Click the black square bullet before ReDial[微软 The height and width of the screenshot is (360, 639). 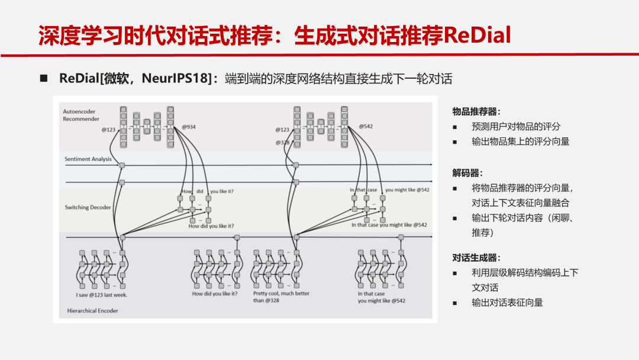pos(43,78)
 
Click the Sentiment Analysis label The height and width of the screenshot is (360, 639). pos(88,159)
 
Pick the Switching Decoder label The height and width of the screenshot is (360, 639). pos(88,207)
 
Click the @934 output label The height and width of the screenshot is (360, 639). pos(189,127)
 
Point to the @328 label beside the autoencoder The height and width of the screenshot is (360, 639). pos(282,143)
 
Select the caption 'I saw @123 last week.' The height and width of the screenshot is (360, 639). pos(101,294)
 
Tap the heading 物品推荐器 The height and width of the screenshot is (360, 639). pos(476,111)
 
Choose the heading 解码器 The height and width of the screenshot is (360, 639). pos(467,173)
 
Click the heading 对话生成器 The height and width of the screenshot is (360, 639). pos(476,258)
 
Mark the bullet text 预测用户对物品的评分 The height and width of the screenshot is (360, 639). pos(515,127)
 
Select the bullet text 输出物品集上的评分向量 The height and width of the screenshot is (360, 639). pos(520,142)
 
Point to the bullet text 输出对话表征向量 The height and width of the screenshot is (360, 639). pos(507,303)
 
